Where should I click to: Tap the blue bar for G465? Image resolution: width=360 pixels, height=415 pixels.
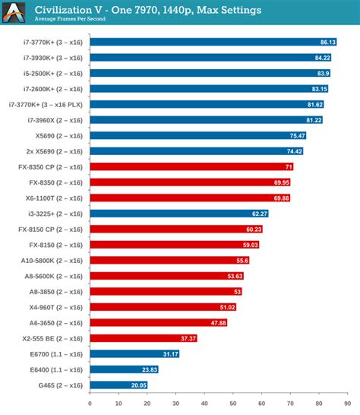tap(118, 385)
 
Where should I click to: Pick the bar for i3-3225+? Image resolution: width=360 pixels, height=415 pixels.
tap(179, 214)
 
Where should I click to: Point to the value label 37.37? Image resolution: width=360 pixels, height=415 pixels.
tap(188, 338)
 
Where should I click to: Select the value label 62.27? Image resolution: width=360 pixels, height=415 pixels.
tap(259, 214)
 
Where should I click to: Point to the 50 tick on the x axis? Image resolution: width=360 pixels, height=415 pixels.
tap(233, 404)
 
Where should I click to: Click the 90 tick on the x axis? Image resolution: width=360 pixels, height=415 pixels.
tap(349, 404)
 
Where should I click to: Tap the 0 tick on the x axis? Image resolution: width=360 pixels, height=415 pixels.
tap(90, 404)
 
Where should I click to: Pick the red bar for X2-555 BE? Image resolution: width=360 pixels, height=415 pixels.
tap(144, 338)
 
